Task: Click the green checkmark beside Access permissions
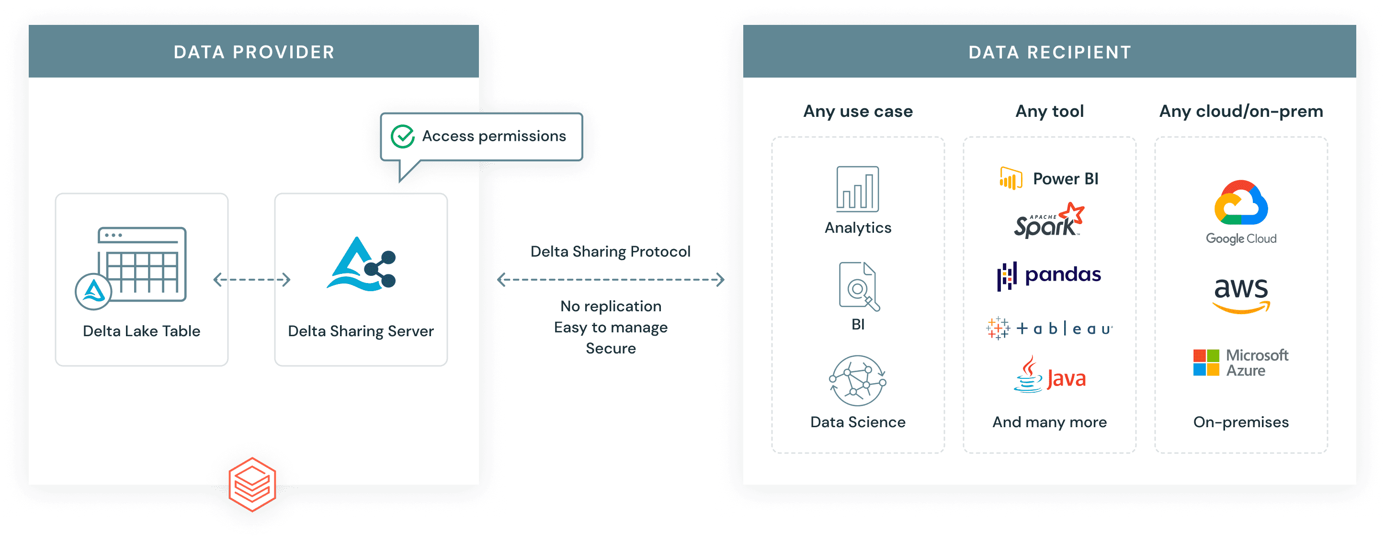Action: coord(402,136)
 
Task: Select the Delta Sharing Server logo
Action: coord(361,264)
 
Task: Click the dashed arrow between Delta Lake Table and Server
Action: coord(251,280)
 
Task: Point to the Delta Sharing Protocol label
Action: coord(610,251)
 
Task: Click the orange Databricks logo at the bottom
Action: coord(252,484)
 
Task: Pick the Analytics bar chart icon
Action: coord(858,189)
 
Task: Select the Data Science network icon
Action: coord(858,381)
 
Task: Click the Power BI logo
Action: coord(1049,179)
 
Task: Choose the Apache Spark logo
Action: coord(1049,221)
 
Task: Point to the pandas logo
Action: coord(1049,275)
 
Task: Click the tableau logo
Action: coord(1049,328)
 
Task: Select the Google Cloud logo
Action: coord(1241,212)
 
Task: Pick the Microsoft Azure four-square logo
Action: coord(1206,363)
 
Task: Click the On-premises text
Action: coord(1241,422)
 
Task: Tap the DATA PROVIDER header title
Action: coord(254,52)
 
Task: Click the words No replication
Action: coord(610,307)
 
